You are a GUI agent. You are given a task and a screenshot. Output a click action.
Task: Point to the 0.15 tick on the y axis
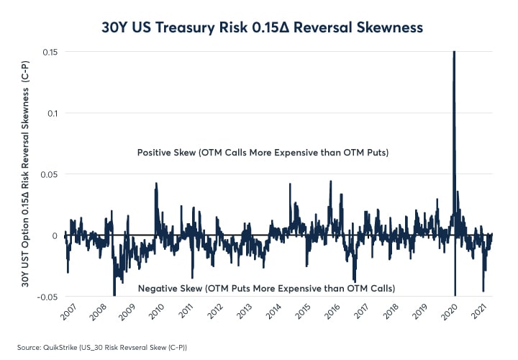[x=51, y=52]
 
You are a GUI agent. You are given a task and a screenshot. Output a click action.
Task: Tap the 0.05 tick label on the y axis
[x=51, y=174]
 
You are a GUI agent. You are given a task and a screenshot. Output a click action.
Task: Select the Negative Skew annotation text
[x=266, y=289]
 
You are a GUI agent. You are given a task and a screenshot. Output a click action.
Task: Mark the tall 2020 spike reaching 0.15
[x=454, y=65]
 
